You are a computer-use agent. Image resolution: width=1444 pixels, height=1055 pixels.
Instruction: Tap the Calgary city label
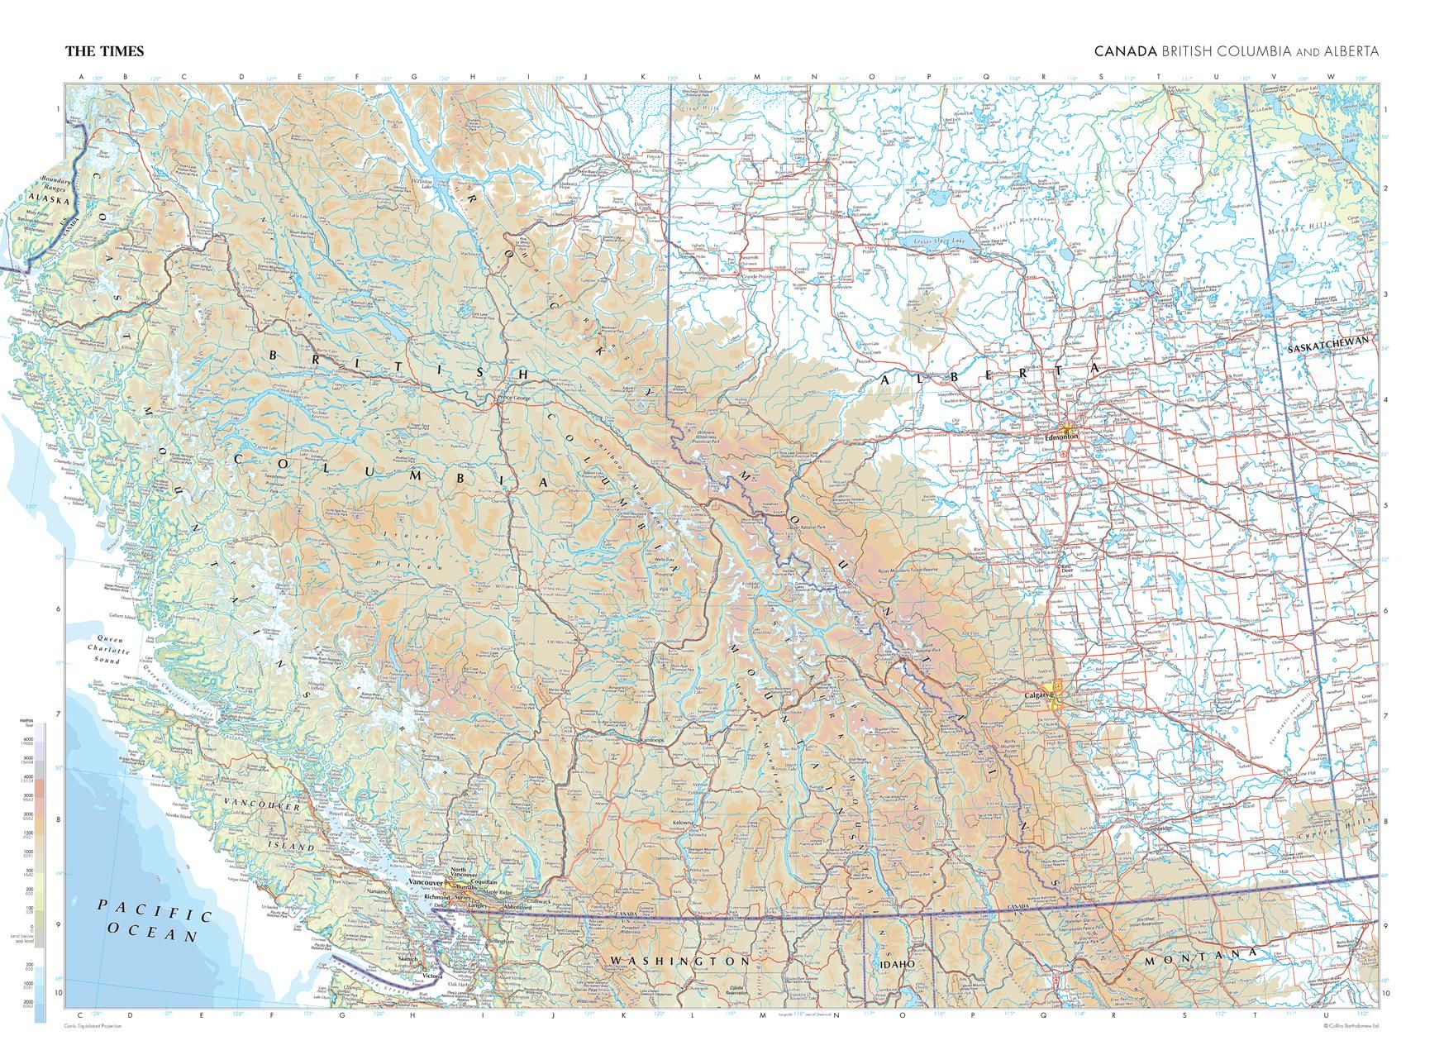click(1037, 695)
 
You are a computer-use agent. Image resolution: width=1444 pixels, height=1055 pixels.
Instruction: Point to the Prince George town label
click(515, 398)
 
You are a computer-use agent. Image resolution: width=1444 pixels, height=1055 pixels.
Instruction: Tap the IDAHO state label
click(897, 964)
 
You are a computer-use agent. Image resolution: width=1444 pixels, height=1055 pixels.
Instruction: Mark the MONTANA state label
click(1200, 958)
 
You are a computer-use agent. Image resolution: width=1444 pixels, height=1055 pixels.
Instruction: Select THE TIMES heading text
click(104, 51)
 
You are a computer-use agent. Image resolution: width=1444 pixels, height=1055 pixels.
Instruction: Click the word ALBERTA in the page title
click(1351, 51)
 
